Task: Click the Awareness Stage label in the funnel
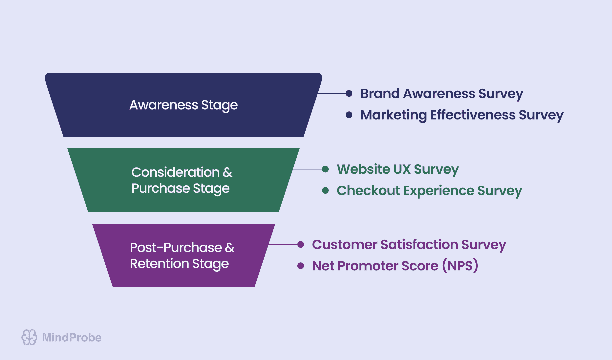[x=183, y=105]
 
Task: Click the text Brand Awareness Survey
[x=441, y=94]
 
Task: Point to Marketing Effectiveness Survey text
[x=462, y=115]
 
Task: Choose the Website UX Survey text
[x=397, y=169]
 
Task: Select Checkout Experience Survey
[x=429, y=191]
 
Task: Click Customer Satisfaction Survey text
[x=409, y=245]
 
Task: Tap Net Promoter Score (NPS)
[x=395, y=266]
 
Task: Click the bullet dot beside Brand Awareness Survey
[x=349, y=93]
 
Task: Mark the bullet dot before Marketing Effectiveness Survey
[x=349, y=115]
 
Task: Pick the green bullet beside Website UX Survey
[x=325, y=169]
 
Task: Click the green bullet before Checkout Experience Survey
[x=325, y=191]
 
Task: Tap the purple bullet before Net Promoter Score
[x=301, y=266]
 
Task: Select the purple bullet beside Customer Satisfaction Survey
[x=301, y=244]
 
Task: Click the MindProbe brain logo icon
[x=29, y=337]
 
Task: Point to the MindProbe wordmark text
[x=72, y=338]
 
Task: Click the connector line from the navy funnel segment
[x=332, y=93]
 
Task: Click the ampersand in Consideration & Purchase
[x=228, y=173]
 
